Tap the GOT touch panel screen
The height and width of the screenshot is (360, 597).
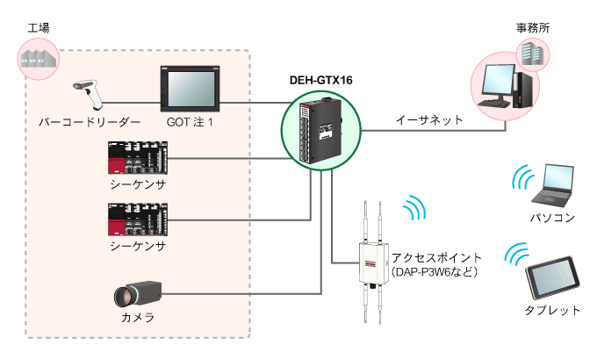pyautogui.click(x=190, y=89)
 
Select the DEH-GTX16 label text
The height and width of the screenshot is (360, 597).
pyautogui.click(x=321, y=81)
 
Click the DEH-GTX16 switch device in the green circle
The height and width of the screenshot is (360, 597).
pyautogui.click(x=321, y=131)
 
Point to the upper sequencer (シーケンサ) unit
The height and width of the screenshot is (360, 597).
pyautogui.click(x=138, y=158)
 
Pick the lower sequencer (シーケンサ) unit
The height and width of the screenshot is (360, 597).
pyautogui.click(x=138, y=220)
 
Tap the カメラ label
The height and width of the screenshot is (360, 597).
pyautogui.click(x=138, y=317)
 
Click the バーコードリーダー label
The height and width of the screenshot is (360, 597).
pyautogui.click(x=90, y=122)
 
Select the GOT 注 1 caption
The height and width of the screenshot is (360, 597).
pyautogui.click(x=190, y=122)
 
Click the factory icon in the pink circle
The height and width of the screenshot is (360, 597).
pyautogui.click(x=39, y=59)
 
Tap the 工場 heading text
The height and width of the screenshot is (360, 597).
pyautogui.click(x=39, y=28)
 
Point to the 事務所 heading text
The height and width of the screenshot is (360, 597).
pyautogui.click(x=533, y=28)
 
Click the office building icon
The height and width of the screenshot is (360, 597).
pyautogui.click(x=533, y=54)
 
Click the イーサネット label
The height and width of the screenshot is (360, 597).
pyautogui.click(x=429, y=120)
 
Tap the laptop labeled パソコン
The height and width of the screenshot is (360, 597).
pyautogui.click(x=553, y=185)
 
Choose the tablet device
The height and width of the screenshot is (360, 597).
pyautogui.click(x=552, y=277)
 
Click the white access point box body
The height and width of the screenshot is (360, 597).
pyautogui.click(x=373, y=263)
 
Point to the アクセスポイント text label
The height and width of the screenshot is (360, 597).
pyautogui.click(x=436, y=258)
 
